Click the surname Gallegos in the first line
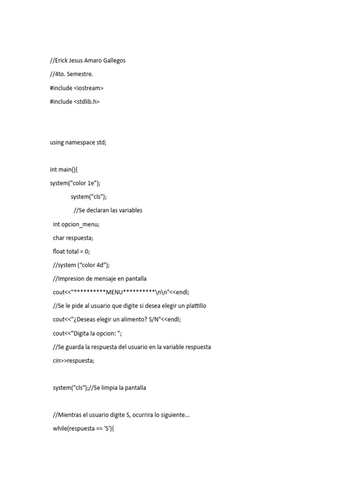(113, 60)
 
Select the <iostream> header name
(89, 88)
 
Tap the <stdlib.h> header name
(87, 101)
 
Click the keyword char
(59, 238)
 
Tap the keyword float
(60, 251)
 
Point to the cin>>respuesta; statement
(74, 360)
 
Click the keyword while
(60, 429)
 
